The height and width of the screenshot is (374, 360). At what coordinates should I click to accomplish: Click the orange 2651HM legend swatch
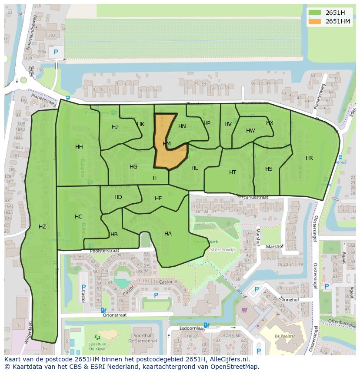(x=315, y=21)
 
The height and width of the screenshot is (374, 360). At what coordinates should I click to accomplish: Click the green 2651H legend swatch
(x=315, y=13)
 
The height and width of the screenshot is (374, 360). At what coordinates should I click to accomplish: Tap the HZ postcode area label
(x=42, y=226)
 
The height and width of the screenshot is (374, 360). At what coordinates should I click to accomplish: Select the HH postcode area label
(x=79, y=147)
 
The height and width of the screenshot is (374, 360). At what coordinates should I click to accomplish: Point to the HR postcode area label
(x=309, y=158)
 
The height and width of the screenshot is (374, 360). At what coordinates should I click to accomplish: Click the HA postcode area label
(x=168, y=234)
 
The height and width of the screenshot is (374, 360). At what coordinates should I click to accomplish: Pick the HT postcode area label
(x=233, y=172)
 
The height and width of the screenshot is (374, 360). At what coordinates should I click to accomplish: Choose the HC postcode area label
(x=78, y=217)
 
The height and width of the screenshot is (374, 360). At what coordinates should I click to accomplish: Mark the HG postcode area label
(x=133, y=167)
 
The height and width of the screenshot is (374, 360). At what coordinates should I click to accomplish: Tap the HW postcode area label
(x=250, y=131)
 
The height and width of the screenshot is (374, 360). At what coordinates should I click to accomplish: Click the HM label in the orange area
(x=167, y=144)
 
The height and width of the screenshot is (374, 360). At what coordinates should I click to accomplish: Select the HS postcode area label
(x=269, y=169)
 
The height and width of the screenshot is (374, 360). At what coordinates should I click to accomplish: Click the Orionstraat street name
(x=115, y=315)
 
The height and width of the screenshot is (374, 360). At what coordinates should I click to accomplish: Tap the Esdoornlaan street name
(x=192, y=328)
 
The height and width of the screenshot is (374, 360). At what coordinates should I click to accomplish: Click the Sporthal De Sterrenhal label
(x=142, y=338)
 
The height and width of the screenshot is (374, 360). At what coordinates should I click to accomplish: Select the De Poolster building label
(x=285, y=336)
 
